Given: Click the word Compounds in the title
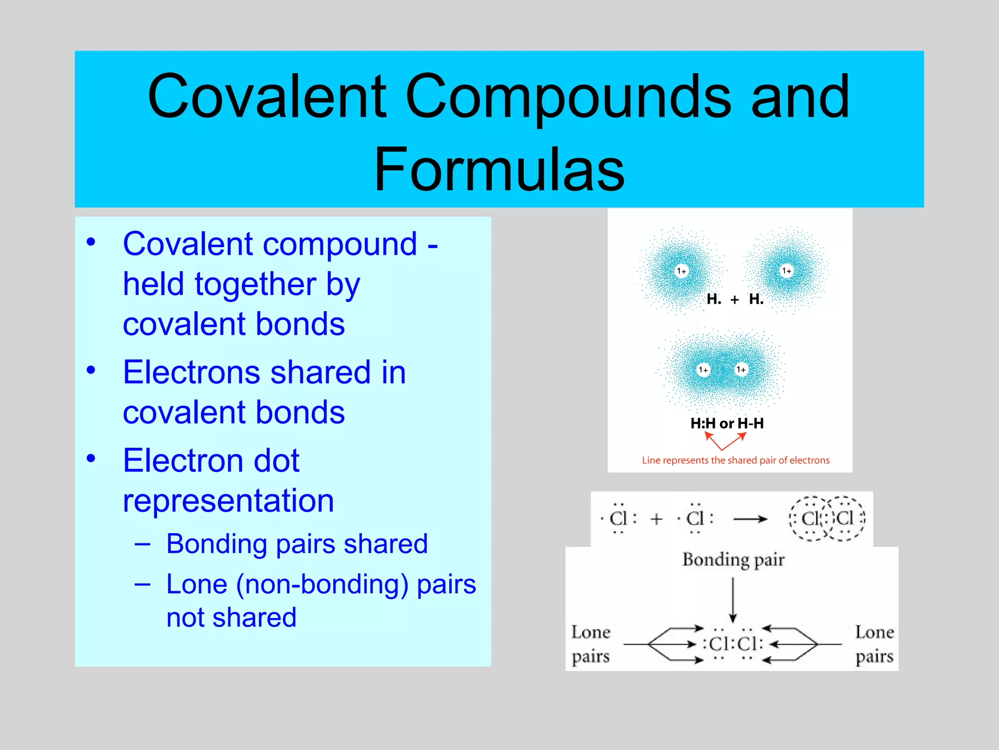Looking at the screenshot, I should pyautogui.click(x=568, y=96).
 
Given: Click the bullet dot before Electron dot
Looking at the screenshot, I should pyautogui.click(x=91, y=458).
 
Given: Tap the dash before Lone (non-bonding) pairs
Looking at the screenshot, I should pyautogui.click(x=142, y=583).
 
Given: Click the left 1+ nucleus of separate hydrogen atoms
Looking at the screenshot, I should pyautogui.click(x=681, y=271).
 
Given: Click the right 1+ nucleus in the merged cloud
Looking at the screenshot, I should pyautogui.click(x=741, y=370).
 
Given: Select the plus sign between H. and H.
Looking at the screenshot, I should pyautogui.click(x=735, y=299).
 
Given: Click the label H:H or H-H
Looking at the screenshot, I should pyautogui.click(x=727, y=423).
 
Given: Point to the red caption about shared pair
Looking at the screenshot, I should pyautogui.click(x=735, y=460).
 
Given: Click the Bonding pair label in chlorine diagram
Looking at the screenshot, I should pyautogui.click(x=733, y=560).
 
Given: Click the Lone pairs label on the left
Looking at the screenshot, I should pyautogui.click(x=591, y=644).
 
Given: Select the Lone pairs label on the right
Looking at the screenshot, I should pyautogui.click(x=874, y=644).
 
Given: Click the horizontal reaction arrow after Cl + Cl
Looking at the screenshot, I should pyautogui.click(x=750, y=519).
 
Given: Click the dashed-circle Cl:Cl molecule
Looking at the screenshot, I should pyautogui.click(x=827, y=519).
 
